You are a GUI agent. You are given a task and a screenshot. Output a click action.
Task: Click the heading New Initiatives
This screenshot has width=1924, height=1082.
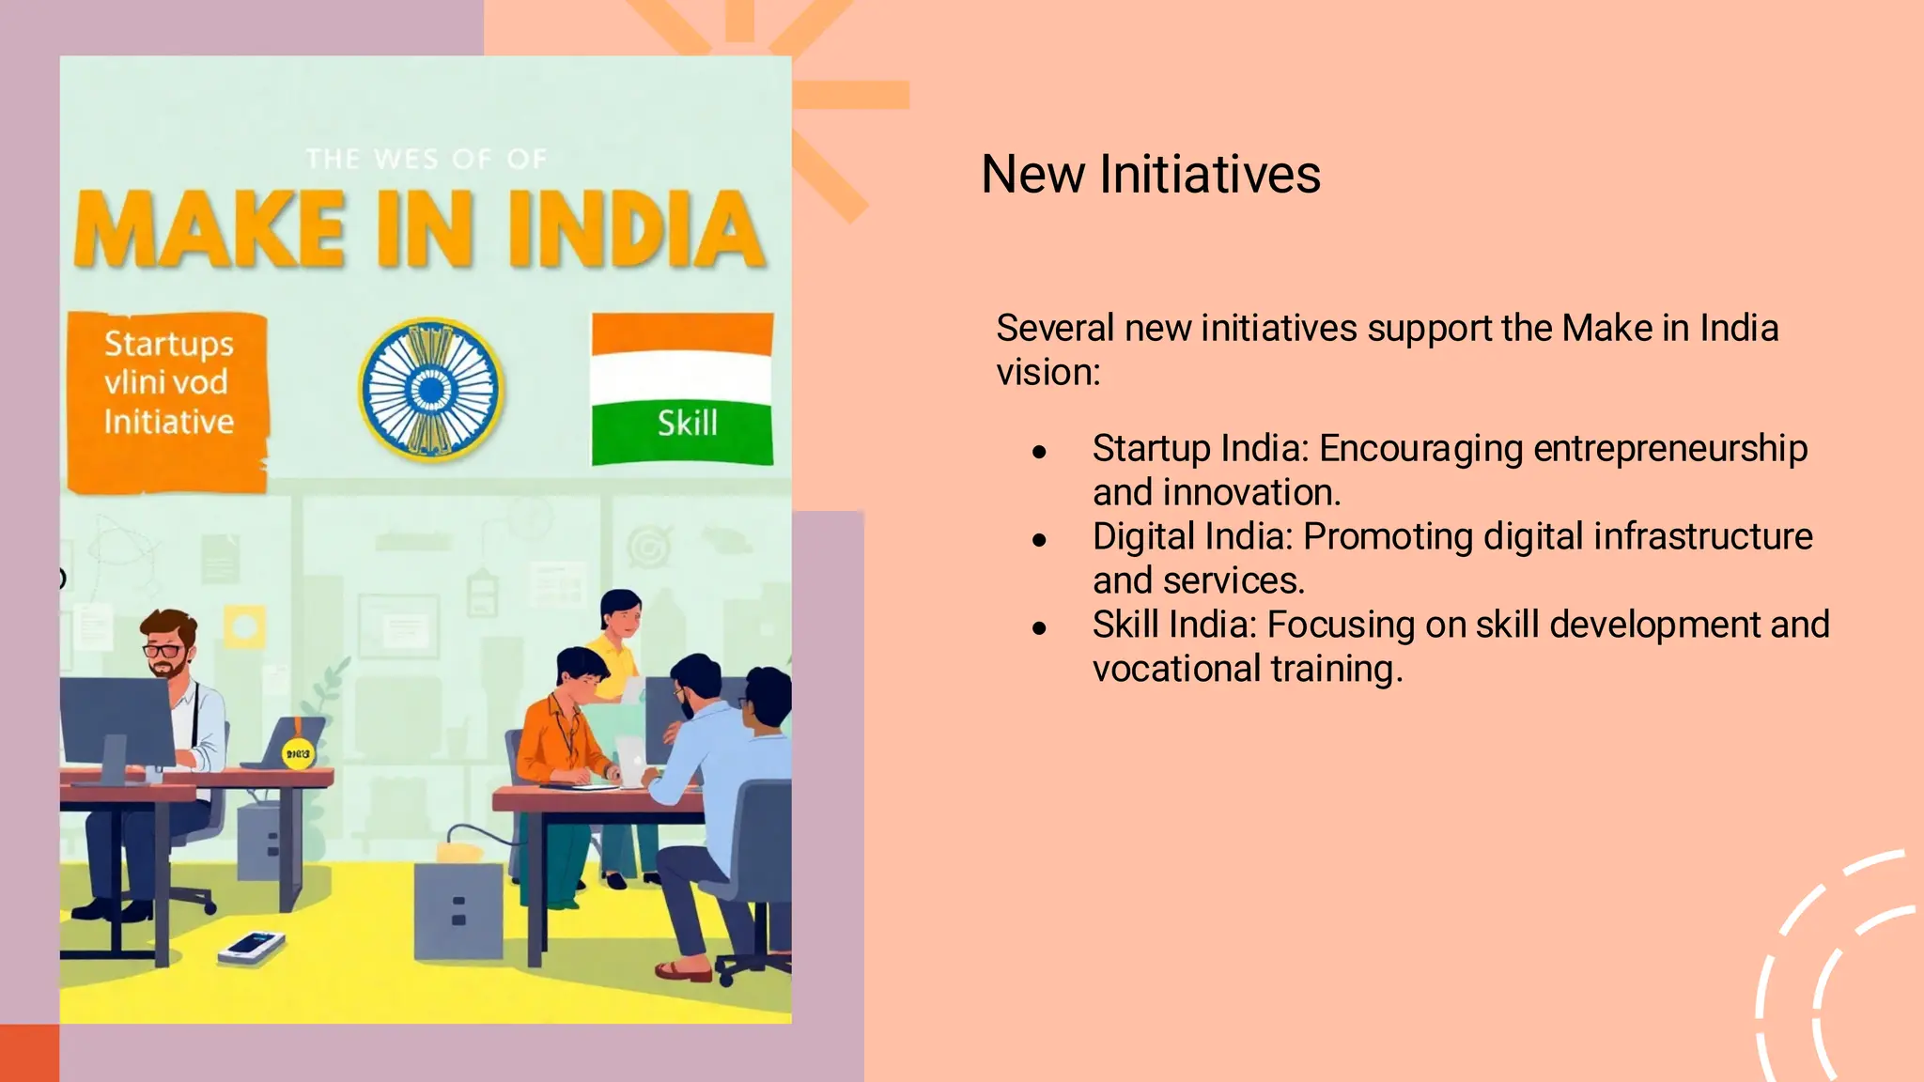[x=1150, y=175]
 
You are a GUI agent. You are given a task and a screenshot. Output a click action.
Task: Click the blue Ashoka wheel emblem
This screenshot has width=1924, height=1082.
[x=431, y=389]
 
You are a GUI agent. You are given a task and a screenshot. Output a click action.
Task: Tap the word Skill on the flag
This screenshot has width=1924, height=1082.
[x=687, y=424]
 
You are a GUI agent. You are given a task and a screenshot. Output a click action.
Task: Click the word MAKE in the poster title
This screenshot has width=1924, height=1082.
[x=209, y=231]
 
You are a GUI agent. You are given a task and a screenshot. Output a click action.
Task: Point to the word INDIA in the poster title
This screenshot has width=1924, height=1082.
[x=637, y=231]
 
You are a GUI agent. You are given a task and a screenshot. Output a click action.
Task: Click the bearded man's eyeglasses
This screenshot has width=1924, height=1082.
[x=163, y=650]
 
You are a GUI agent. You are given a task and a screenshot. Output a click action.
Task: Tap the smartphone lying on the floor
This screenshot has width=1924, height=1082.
[x=252, y=946]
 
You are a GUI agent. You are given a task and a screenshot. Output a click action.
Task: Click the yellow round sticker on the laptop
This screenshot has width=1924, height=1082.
[x=298, y=753]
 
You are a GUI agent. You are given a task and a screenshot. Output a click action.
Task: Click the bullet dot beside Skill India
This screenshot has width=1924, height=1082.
[x=1038, y=627]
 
